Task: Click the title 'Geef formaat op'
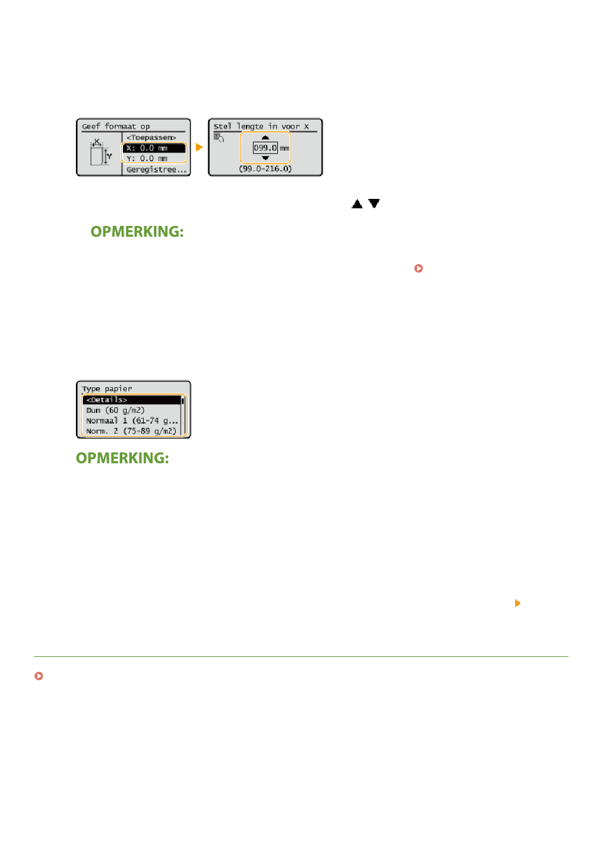[116, 126]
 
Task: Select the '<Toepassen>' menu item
[151, 137]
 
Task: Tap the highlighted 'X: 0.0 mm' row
[154, 148]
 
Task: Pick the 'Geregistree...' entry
[156, 169]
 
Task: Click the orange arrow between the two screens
[200, 147]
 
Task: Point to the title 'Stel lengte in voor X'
[261, 126]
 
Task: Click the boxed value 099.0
[265, 148]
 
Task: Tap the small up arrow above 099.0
[265, 137]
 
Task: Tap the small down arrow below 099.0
[265, 158]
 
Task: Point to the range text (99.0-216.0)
[265, 169]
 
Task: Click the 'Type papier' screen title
[107, 388]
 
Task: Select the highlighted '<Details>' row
[132, 400]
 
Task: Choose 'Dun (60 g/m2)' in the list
[115, 410]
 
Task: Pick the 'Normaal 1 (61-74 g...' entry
[132, 420]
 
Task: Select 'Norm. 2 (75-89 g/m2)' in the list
[131, 431]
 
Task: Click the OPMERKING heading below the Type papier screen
[122, 458]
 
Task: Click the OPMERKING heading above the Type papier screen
[137, 232]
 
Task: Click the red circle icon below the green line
[39, 676]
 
